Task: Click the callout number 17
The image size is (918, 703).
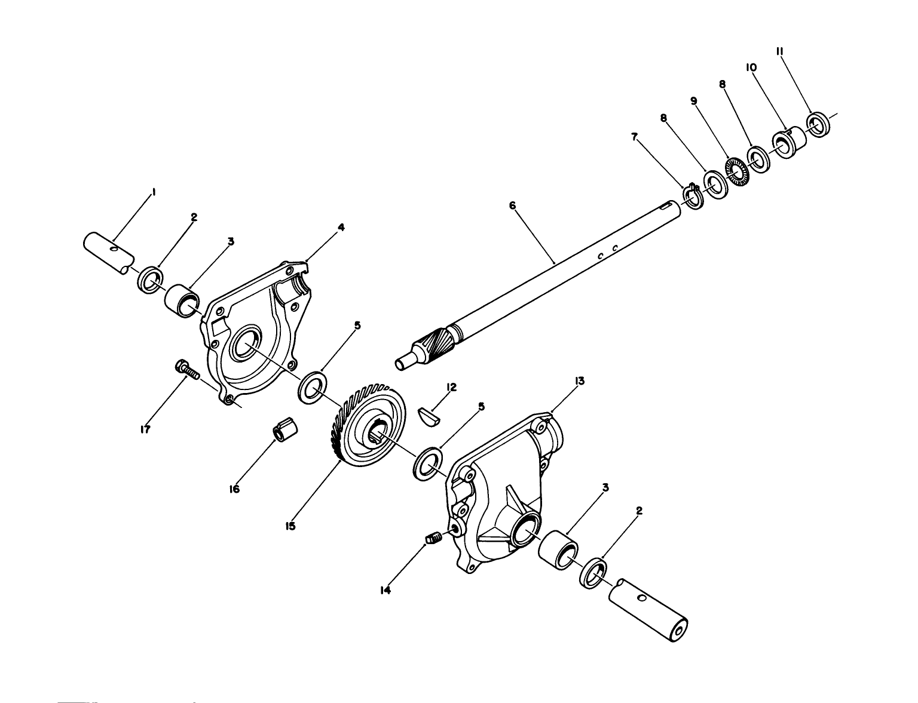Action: (x=145, y=430)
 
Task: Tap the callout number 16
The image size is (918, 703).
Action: (x=234, y=489)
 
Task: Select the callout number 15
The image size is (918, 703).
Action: (x=290, y=527)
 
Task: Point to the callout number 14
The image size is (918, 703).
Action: (x=385, y=590)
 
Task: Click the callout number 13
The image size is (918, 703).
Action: (x=580, y=381)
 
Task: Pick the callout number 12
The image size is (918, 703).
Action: (x=452, y=387)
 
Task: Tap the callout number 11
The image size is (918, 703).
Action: (x=780, y=51)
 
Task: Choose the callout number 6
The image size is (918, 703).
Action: (x=512, y=205)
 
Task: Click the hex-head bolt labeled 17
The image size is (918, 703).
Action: (x=186, y=370)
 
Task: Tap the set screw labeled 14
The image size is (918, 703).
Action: (x=433, y=539)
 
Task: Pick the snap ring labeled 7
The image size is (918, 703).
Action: (x=693, y=196)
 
